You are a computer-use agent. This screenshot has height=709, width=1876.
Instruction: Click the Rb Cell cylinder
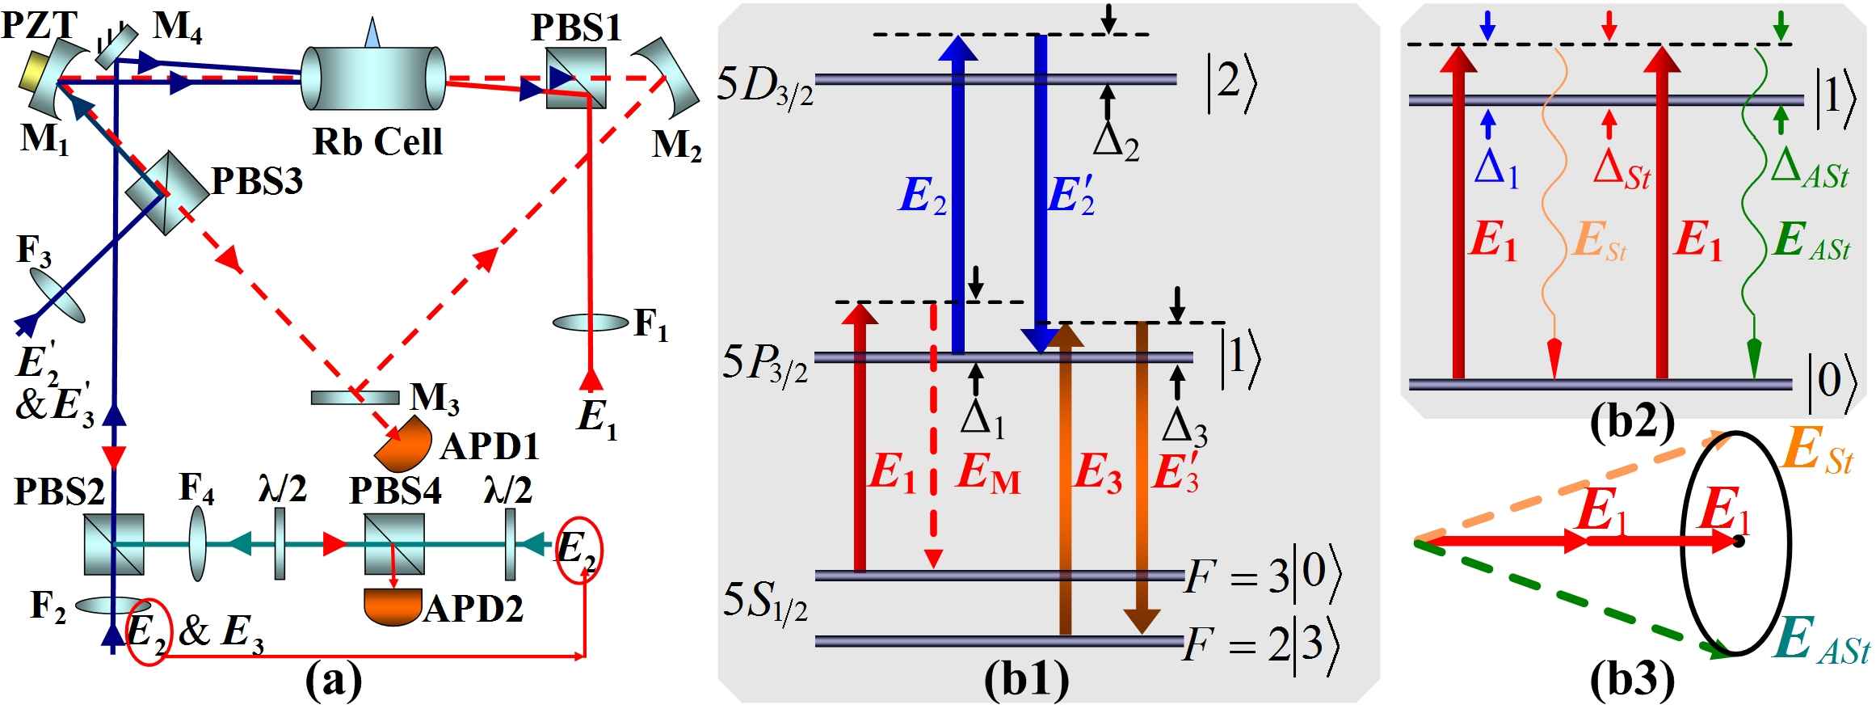pyautogui.click(x=372, y=78)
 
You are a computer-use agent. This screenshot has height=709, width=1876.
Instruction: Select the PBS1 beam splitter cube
pyautogui.click(x=575, y=78)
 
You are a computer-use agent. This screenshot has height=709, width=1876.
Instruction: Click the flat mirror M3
pyautogui.click(x=355, y=398)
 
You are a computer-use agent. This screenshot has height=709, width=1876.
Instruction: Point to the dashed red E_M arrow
pyautogui.click(x=934, y=437)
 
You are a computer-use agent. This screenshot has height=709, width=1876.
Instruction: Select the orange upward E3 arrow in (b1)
pyautogui.click(x=1065, y=485)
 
